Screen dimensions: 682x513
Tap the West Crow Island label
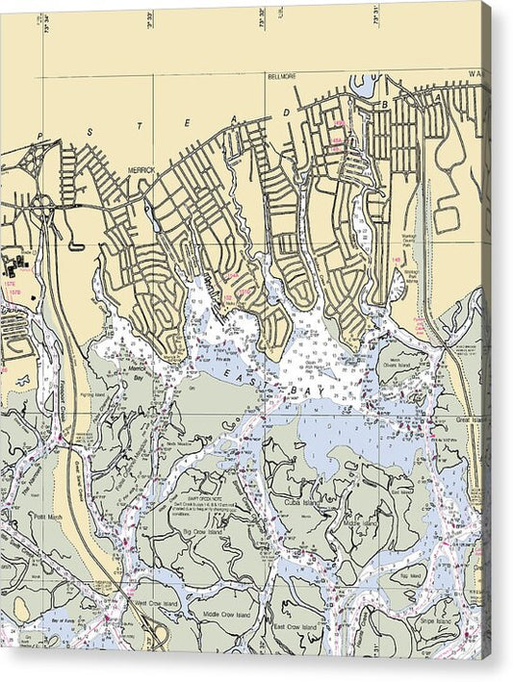click(154, 603)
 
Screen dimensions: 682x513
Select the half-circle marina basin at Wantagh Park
click(398, 284)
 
